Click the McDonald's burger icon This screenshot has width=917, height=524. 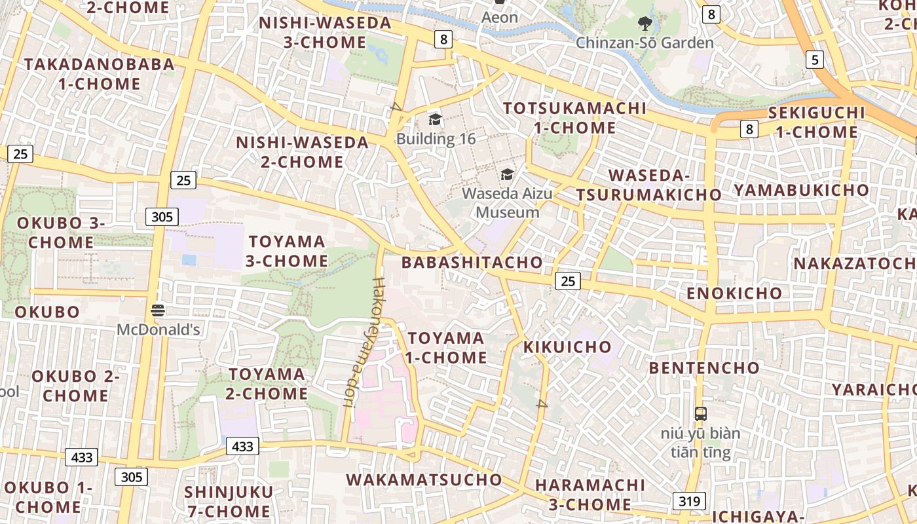point(158,310)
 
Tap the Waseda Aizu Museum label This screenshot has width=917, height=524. point(507,203)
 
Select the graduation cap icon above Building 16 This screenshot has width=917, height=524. point(435,119)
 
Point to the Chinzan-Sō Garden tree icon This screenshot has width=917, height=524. point(645,24)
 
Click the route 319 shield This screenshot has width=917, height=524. point(688,502)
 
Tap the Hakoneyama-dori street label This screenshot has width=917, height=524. point(364,342)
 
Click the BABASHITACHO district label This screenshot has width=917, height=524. point(472,263)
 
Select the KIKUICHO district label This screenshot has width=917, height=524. point(567,347)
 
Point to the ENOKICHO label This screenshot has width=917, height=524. point(734,293)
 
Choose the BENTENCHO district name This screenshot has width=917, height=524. point(704,367)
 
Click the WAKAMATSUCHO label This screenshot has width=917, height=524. point(424,479)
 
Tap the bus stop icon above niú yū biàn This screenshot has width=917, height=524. point(701,414)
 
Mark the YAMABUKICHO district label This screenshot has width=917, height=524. point(802,190)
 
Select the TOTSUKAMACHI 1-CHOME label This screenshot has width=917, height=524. point(574,118)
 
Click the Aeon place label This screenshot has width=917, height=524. point(500,18)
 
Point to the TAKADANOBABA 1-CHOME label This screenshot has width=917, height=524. point(100,74)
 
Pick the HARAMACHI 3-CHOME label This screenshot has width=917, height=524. point(590,495)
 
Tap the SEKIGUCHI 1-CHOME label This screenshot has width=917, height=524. point(816,122)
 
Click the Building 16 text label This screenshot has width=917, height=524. point(436,139)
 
